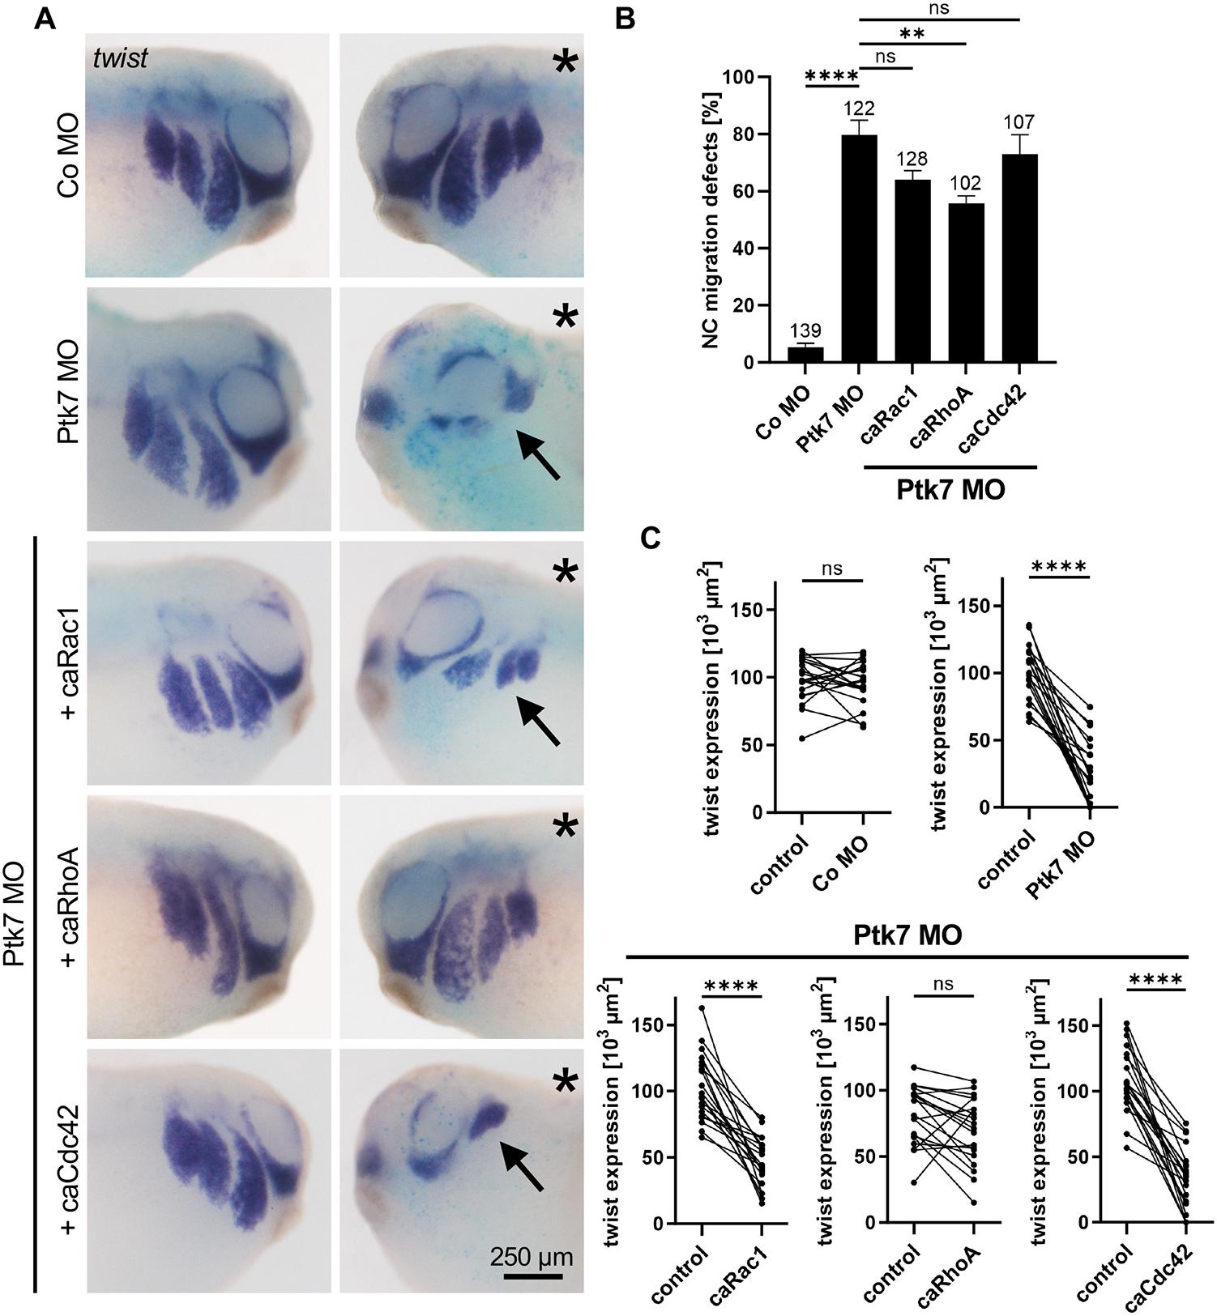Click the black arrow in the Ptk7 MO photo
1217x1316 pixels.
[x=538, y=454]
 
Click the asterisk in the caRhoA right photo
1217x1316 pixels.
[x=564, y=827]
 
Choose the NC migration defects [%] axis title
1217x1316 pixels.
[x=711, y=220]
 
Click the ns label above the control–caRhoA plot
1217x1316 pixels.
[x=943, y=984]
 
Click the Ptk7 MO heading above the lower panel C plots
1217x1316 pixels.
[x=907, y=935]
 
